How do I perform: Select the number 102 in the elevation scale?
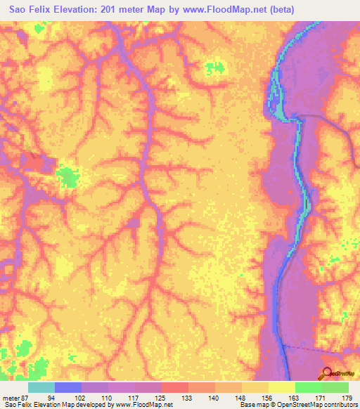point(94,397)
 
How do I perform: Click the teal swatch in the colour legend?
point(41,387)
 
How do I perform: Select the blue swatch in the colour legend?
point(68,387)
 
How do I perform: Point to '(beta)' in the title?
point(259,9)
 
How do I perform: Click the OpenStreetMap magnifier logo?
point(328,374)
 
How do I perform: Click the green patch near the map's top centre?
point(215,69)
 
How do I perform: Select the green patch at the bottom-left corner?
point(25,349)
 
